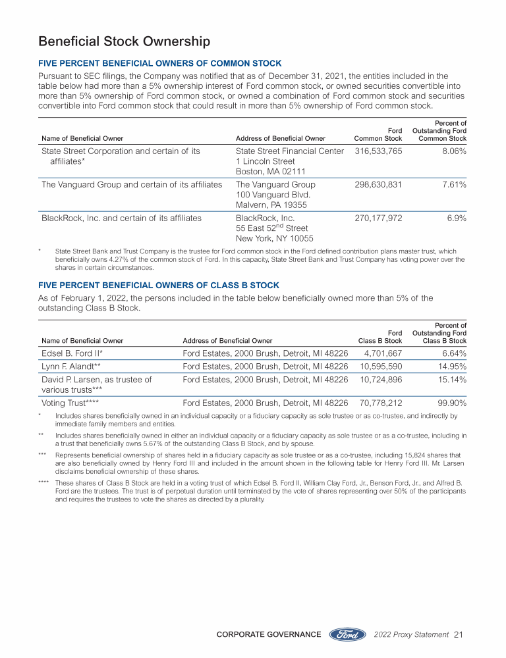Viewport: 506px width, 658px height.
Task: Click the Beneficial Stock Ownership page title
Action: pyautogui.click(x=125, y=42)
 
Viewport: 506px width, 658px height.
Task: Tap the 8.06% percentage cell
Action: pyautogui.click(x=453, y=151)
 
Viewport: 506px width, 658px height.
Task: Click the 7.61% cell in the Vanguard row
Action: pyautogui.click(x=453, y=185)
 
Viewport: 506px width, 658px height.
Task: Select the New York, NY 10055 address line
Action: pyautogui.click(x=274, y=238)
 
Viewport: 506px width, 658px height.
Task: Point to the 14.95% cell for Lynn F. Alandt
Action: pyautogui.click(x=451, y=366)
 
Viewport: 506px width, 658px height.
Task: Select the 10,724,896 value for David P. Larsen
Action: pyautogui.click(x=381, y=380)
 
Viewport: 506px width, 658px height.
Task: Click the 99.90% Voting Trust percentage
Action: pyautogui.click(x=451, y=400)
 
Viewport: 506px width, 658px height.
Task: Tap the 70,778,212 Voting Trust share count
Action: pyautogui.click(x=381, y=400)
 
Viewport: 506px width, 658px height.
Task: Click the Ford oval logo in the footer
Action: pyautogui.click(x=347, y=635)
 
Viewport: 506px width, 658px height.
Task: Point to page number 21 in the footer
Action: pyautogui.click(x=459, y=635)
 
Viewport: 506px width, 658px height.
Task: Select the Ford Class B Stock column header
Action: pyautogui.click(x=380, y=337)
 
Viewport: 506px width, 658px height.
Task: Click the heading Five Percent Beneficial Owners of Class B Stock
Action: pyautogui.click(x=159, y=285)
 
